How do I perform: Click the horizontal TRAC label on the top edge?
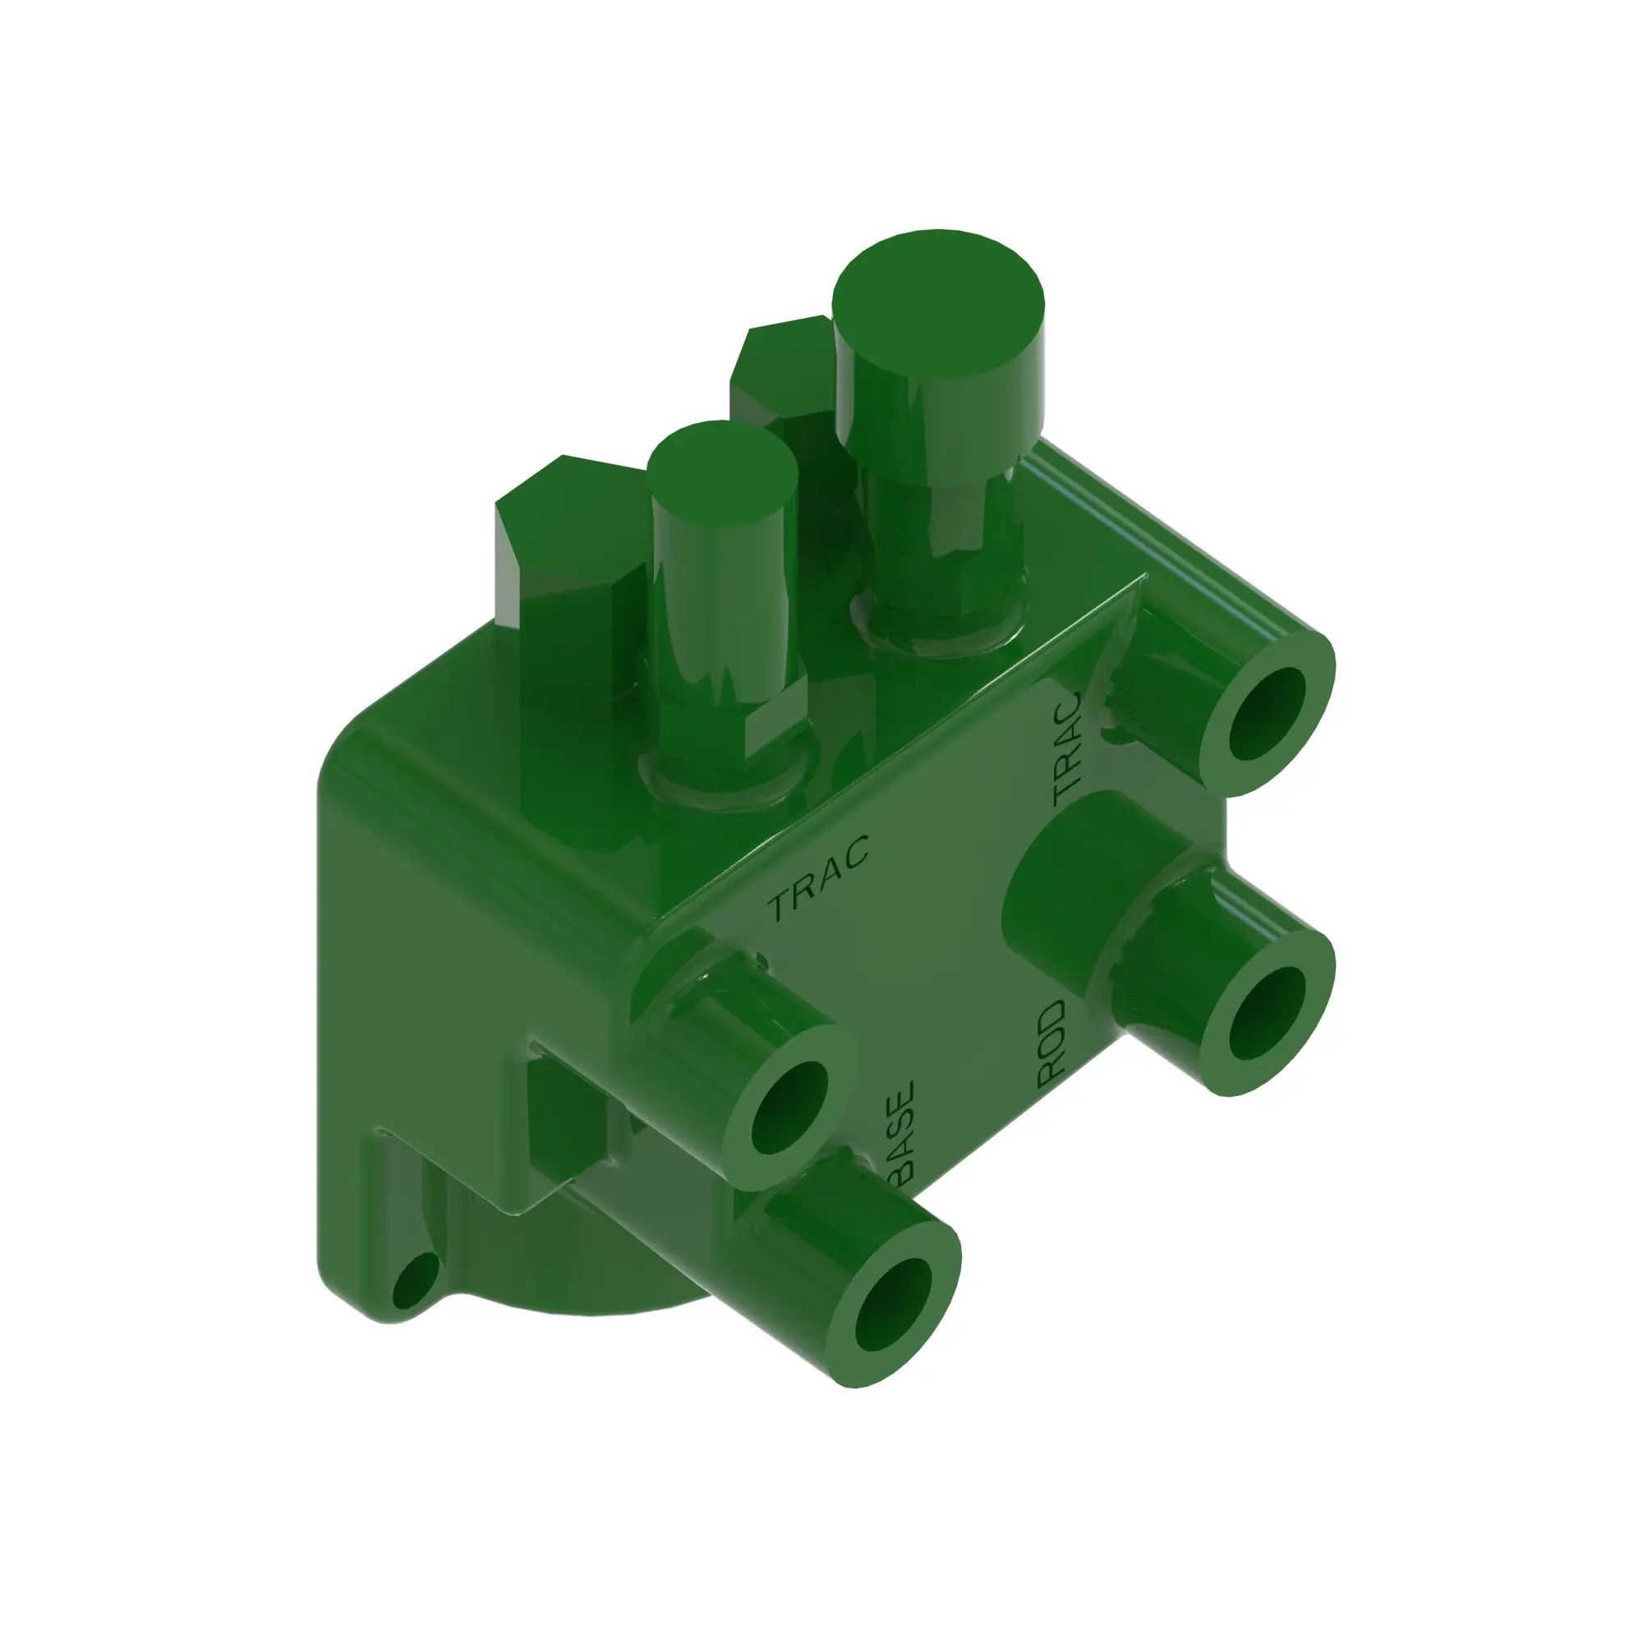pyautogui.click(x=818, y=879)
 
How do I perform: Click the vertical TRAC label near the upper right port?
pyautogui.click(x=1068, y=748)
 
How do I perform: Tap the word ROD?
pyautogui.click(x=1052, y=1043)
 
